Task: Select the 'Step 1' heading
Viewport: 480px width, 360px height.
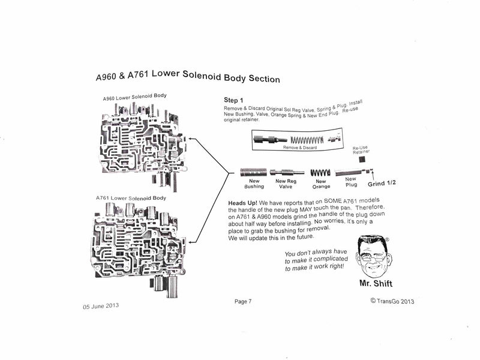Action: (x=234, y=100)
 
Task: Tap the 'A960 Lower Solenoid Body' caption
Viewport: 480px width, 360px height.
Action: (x=134, y=96)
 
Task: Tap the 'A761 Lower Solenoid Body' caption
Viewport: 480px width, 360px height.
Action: (x=131, y=197)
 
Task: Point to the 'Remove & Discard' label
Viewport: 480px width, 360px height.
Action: (x=299, y=147)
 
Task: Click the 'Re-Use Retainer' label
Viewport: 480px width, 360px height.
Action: (x=360, y=149)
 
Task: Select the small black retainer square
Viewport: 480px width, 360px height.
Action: (x=362, y=160)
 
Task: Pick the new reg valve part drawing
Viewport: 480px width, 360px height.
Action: (x=286, y=172)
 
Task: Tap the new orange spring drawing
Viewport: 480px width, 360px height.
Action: (x=321, y=173)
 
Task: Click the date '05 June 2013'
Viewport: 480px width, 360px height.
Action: (x=101, y=305)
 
